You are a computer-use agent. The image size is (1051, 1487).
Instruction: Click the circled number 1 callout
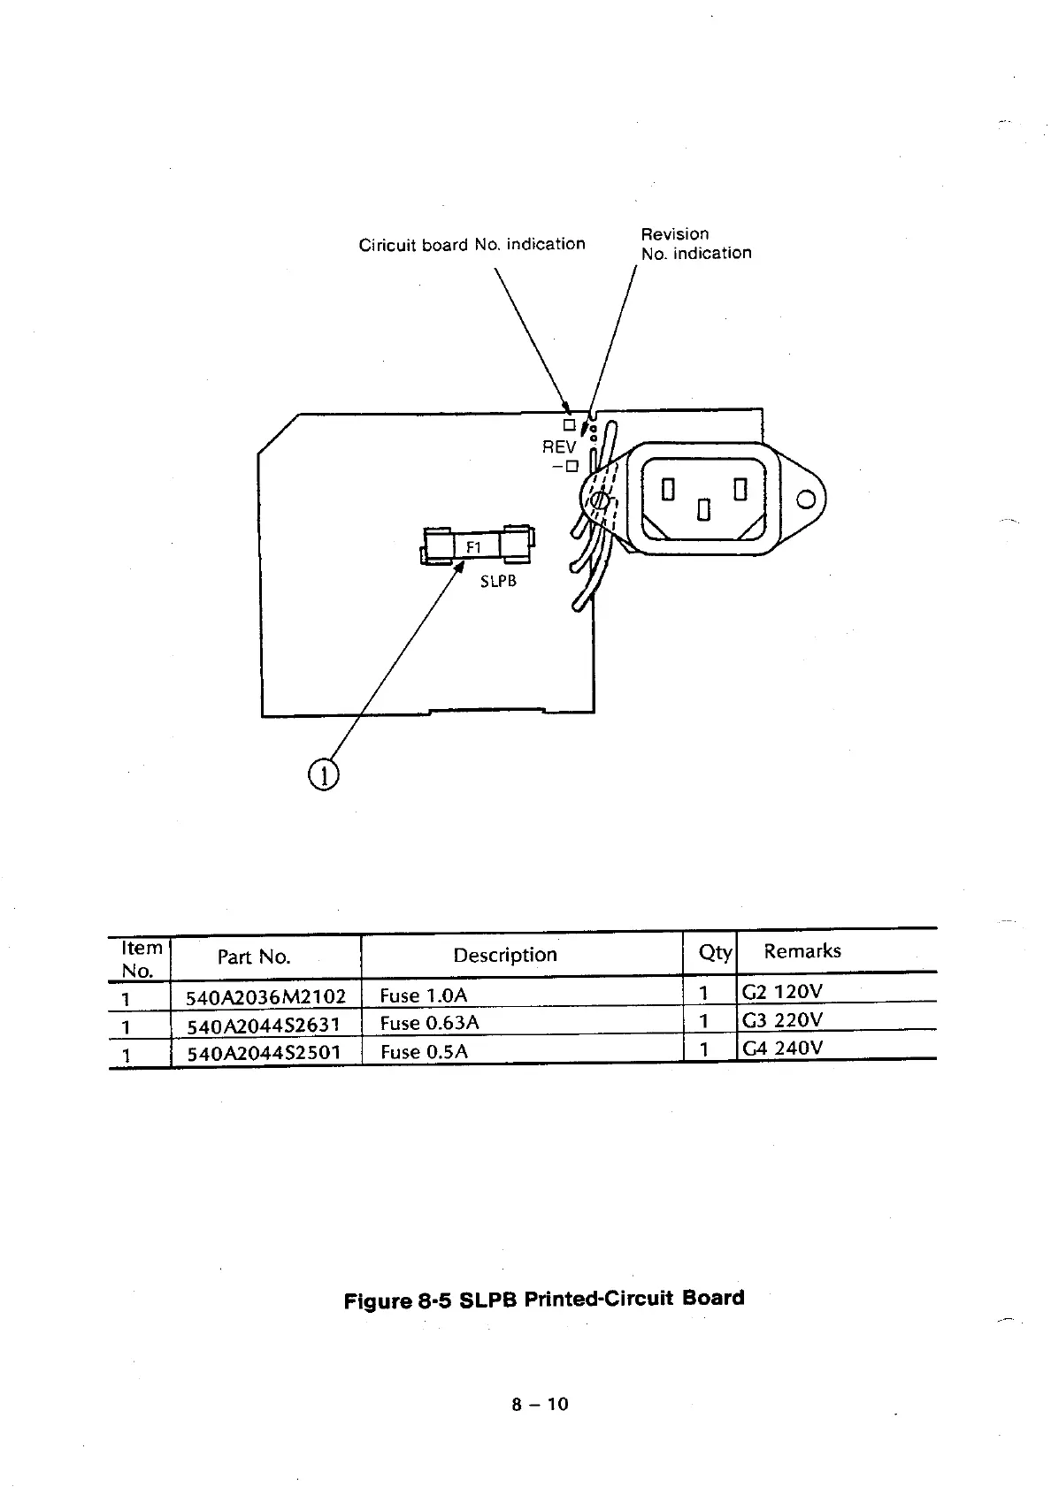pyautogui.click(x=324, y=775)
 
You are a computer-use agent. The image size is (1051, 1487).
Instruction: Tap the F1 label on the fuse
pyautogui.click(x=473, y=547)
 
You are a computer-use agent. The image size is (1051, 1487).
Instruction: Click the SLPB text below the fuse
pyautogui.click(x=498, y=581)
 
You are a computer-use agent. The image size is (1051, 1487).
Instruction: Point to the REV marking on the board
pyautogui.click(x=559, y=447)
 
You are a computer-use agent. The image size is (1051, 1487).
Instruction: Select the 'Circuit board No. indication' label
pyautogui.click(x=472, y=244)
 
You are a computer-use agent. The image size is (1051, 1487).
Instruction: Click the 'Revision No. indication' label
pyautogui.click(x=695, y=243)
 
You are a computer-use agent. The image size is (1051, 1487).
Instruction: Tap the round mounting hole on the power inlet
pyautogui.click(x=805, y=500)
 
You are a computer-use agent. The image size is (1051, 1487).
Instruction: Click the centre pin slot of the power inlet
pyautogui.click(x=703, y=510)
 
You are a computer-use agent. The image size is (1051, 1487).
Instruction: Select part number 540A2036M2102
pyautogui.click(x=265, y=997)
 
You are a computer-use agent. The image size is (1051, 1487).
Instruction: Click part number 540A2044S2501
pyautogui.click(x=263, y=1053)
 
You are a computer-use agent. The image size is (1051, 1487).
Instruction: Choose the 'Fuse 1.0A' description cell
pyautogui.click(x=423, y=995)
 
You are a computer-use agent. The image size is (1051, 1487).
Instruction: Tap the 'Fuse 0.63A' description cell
pyautogui.click(x=429, y=1023)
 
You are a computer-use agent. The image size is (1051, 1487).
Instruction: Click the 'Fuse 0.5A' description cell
pyautogui.click(x=424, y=1051)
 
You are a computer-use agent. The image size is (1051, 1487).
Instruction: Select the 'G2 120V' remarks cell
pyautogui.click(x=782, y=992)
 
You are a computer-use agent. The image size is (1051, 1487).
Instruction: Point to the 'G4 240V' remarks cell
pyautogui.click(x=782, y=1049)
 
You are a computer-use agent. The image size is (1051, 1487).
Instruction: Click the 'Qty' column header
pyautogui.click(x=715, y=952)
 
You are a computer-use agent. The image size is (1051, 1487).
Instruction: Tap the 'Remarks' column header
pyautogui.click(x=802, y=951)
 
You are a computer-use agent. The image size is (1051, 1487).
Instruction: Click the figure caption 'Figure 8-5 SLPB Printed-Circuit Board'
pyautogui.click(x=543, y=1300)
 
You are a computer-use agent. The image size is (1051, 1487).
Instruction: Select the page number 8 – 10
pyautogui.click(x=540, y=1404)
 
